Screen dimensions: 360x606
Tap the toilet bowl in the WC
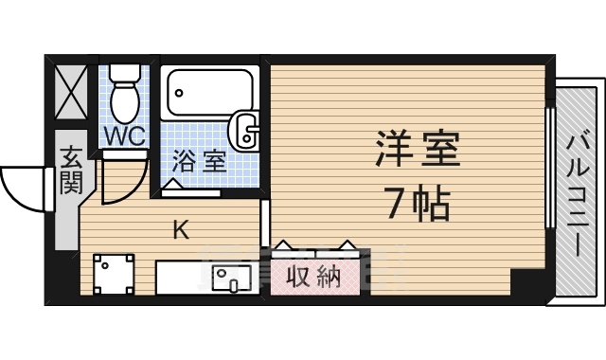tap(124, 99)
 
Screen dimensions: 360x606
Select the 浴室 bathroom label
tap(200, 160)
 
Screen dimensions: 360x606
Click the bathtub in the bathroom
tap(209, 94)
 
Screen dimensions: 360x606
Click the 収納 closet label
tap(313, 277)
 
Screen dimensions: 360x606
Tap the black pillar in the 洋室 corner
tap(526, 281)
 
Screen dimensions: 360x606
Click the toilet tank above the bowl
tap(124, 73)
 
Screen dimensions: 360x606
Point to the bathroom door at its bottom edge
tap(192, 192)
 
